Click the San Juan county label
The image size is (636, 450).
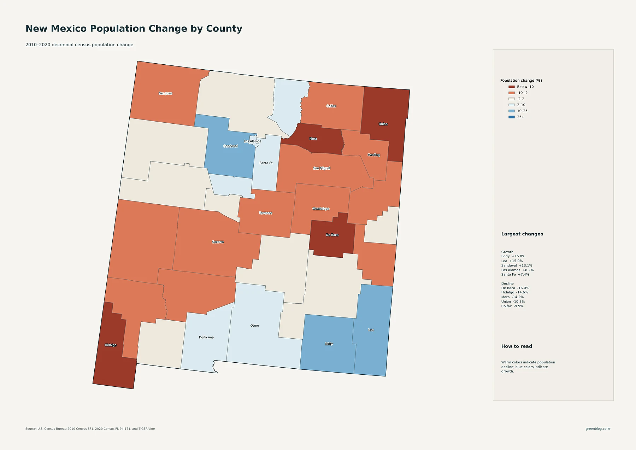tap(165, 93)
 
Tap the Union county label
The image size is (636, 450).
tap(383, 124)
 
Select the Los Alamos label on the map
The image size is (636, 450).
tap(253, 141)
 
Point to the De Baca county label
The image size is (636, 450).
tap(332, 235)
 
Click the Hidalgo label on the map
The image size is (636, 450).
tap(111, 345)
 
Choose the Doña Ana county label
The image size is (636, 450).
tap(206, 337)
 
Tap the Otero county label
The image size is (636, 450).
tap(255, 326)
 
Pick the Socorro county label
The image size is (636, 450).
tap(218, 242)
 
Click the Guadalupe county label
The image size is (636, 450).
tap(321, 209)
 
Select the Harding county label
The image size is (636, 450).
tap(374, 155)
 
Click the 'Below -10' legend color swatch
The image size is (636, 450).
tap(512, 87)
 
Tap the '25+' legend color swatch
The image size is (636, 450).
tap(512, 117)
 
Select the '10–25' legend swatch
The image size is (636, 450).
tap(512, 111)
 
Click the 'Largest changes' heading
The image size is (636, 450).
tap(522, 234)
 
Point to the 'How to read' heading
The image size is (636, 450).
tap(517, 346)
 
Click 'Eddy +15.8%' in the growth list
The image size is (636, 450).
tap(513, 256)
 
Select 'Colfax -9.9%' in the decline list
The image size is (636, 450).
tap(512, 306)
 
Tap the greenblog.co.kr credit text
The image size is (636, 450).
tap(598, 429)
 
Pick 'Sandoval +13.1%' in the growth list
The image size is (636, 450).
tap(517, 265)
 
